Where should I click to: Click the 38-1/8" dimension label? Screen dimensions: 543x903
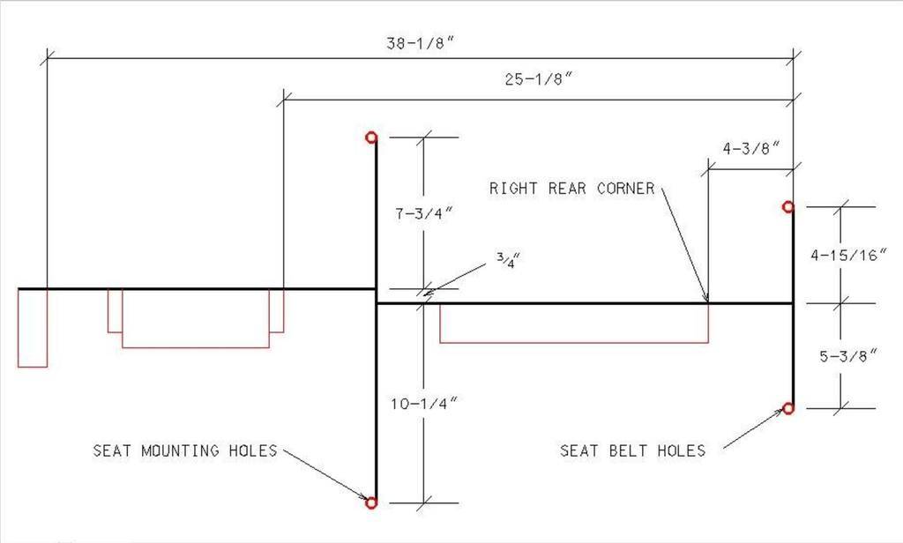[421, 41]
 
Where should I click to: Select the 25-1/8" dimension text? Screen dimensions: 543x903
[539, 79]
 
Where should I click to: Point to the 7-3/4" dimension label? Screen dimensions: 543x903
[426, 213]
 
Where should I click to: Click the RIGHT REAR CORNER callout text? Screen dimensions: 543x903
[572, 188]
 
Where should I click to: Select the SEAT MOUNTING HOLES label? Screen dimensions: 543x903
[185, 450]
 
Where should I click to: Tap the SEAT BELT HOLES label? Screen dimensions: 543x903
[633, 450]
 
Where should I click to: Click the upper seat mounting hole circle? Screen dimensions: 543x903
[371, 137]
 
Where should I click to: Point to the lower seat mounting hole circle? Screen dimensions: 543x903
[371, 502]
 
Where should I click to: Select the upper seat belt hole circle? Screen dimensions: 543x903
[788, 206]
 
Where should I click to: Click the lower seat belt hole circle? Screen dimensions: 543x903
[788, 408]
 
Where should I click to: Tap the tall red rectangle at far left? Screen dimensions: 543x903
[33, 327]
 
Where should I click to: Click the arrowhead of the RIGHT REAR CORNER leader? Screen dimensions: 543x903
[705, 299]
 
